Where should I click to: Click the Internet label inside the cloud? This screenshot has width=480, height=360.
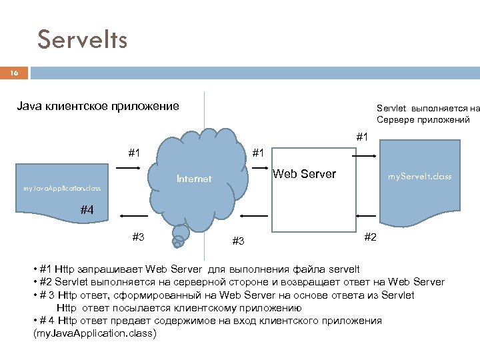(x=194, y=179)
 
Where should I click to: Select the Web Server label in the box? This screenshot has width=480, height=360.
(x=305, y=175)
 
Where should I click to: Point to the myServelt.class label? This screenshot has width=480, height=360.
(x=420, y=177)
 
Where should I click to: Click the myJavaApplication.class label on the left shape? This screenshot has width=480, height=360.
(x=62, y=189)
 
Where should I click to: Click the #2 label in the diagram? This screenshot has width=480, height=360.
(x=371, y=237)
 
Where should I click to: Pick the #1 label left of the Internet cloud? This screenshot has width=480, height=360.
(x=134, y=153)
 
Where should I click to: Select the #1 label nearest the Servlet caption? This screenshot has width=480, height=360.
(x=363, y=137)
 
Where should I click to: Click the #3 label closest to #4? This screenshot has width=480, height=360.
(x=138, y=237)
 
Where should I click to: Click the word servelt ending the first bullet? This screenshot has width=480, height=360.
(x=342, y=269)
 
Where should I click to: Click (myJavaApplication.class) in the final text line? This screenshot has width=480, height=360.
(x=94, y=333)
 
